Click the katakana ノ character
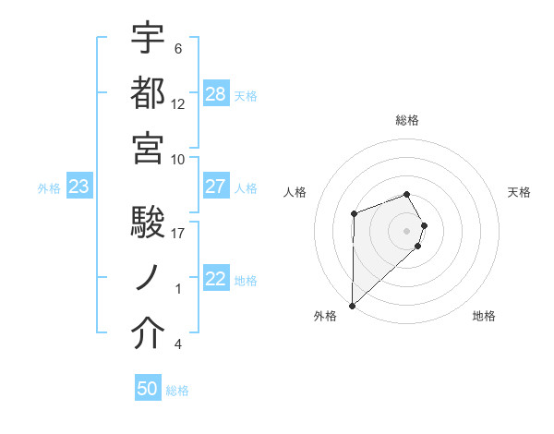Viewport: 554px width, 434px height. pyautogui.click(x=148, y=279)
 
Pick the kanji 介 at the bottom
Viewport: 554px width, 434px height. pyautogui.click(x=148, y=335)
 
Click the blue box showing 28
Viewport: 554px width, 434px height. pyautogui.click(x=216, y=94)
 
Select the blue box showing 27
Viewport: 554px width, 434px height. pyautogui.click(x=216, y=187)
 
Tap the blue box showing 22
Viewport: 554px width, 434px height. pyautogui.click(x=216, y=280)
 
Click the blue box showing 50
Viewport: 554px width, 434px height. pyautogui.click(x=148, y=389)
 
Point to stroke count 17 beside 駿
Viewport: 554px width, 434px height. pyautogui.click(x=179, y=234)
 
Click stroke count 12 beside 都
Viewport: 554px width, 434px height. pyautogui.click(x=178, y=104)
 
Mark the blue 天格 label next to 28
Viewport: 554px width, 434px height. pyautogui.click(x=246, y=95)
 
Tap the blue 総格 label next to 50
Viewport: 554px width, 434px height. pyautogui.click(x=177, y=391)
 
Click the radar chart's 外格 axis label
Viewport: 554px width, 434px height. pyautogui.click(x=325, y=316)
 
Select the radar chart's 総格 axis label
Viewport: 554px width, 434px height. pyautogui.click(x=407, y=120)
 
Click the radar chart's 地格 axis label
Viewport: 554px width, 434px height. pyautogui.click(x=484, y=316)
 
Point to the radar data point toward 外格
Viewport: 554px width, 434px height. pyautogui.click(x=352, y=305)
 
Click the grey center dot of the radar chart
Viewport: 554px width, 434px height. pyautogui.click(x=407, y=230)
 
